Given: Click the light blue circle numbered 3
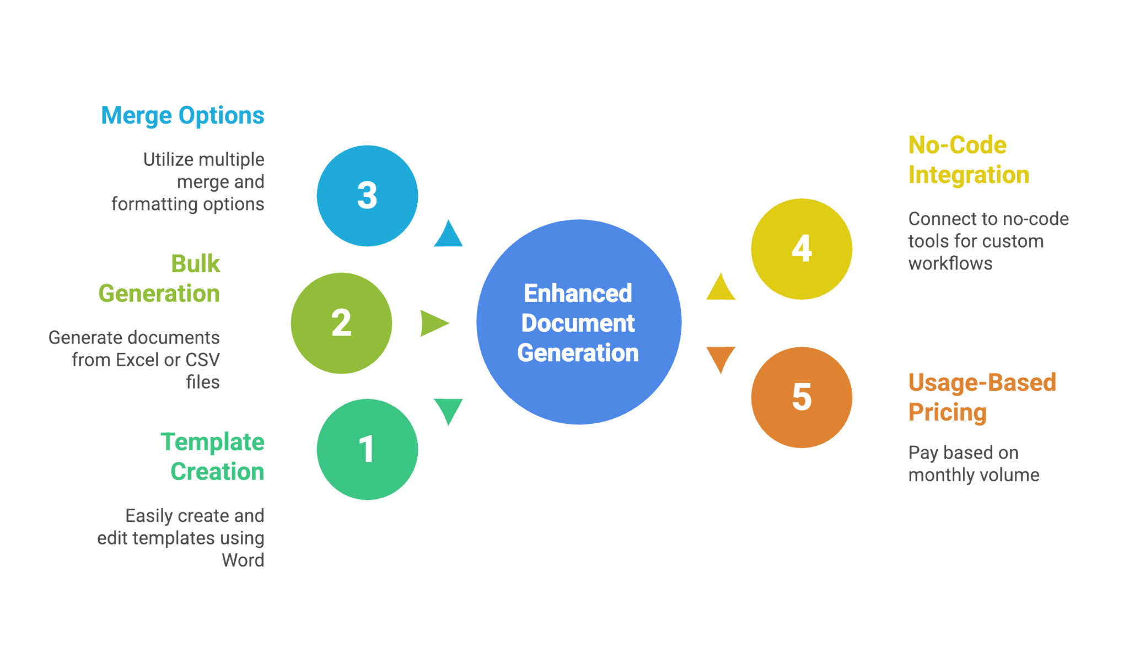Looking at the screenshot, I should [x=367, y=196].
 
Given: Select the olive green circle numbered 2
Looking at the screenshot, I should [x=341, y=323].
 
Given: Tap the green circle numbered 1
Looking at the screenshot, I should [x=367, y=449].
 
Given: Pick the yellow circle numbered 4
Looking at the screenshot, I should [x=802, y=249].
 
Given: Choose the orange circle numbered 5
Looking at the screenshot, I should [x=802, y=397].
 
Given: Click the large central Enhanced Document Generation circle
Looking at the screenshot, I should [x=579, y=323].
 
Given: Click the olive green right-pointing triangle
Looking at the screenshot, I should [x=433, y=323].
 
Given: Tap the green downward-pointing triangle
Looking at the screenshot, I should [x=448, y=410].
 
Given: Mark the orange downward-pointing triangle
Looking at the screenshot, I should [x=721, y=357].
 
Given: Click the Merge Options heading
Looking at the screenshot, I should [x=182, y=116].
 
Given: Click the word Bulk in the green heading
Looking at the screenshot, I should [x=195, y=263].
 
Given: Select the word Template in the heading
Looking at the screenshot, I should [x=212, y=442].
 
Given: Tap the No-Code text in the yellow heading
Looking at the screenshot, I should [x=958, y=146].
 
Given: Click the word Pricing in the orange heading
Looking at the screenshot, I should [x=948, y=412].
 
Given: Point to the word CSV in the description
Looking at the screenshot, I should [x=202, y=360].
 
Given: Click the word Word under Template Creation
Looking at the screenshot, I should [x=243, y=561].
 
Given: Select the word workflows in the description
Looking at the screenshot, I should [x=950, y=263].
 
